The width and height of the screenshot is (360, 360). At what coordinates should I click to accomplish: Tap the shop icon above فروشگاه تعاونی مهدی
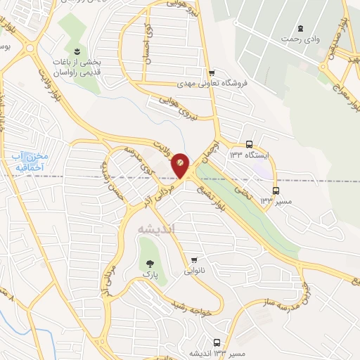[211, 72]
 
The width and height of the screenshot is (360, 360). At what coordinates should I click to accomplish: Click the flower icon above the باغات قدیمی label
[77, 51]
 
